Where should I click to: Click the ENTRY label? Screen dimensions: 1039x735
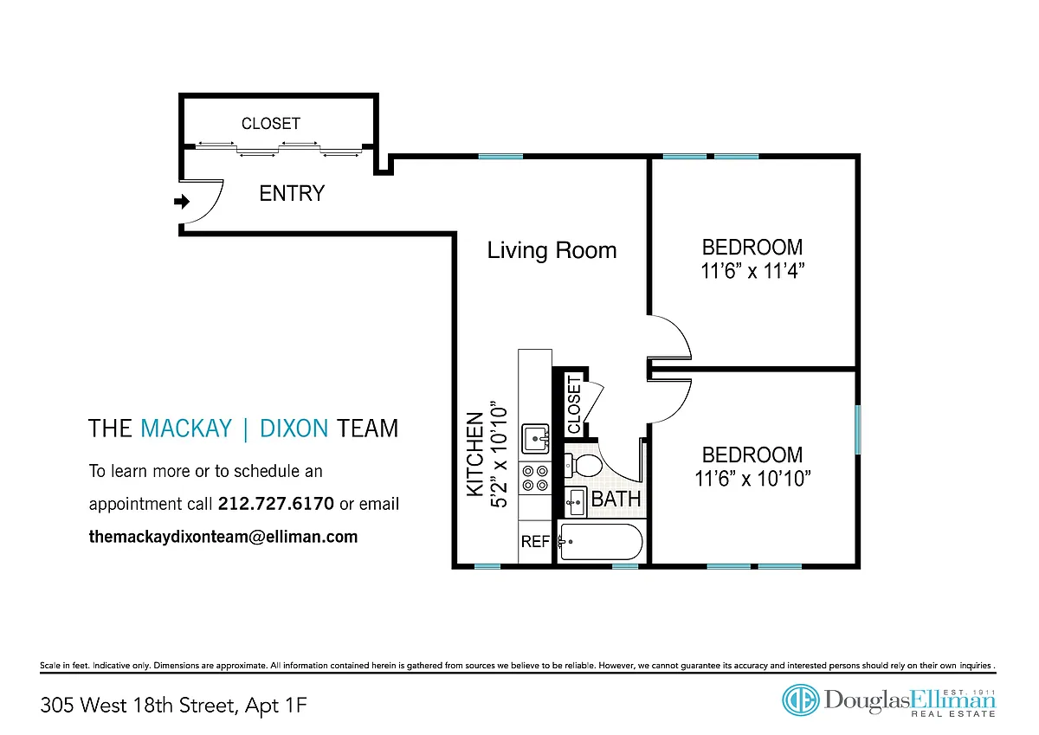click(292, 193)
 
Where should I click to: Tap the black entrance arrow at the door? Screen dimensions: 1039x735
click(182, 201)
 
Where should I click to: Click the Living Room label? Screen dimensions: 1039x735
click(552, 250)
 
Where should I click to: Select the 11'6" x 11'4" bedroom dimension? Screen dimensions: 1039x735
click(752, 271)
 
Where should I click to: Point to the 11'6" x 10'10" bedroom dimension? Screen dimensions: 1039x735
click(752, 479)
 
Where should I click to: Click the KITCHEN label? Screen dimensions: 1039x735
click(475, 455)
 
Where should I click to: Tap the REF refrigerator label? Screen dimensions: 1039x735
click(535, 541)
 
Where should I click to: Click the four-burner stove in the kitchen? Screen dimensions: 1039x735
click(535, 478)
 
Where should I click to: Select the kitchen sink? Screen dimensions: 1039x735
click(535, 438)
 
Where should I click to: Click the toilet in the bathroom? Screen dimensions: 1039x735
click(583, 465)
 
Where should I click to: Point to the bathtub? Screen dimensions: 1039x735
click(601, 542)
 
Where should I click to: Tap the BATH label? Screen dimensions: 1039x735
click(616, 499)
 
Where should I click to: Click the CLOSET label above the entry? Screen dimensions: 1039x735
click(271, 123)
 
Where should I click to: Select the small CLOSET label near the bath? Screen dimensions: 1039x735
click(574, 405)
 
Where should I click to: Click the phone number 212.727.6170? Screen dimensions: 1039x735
click(276, 504)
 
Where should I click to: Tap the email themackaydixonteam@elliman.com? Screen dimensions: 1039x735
click(223, 537)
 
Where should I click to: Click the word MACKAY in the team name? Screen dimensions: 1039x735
click(185, 428)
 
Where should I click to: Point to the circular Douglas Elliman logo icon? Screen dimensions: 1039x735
click(800, 700)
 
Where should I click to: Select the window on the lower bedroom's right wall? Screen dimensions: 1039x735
click(858, 429)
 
